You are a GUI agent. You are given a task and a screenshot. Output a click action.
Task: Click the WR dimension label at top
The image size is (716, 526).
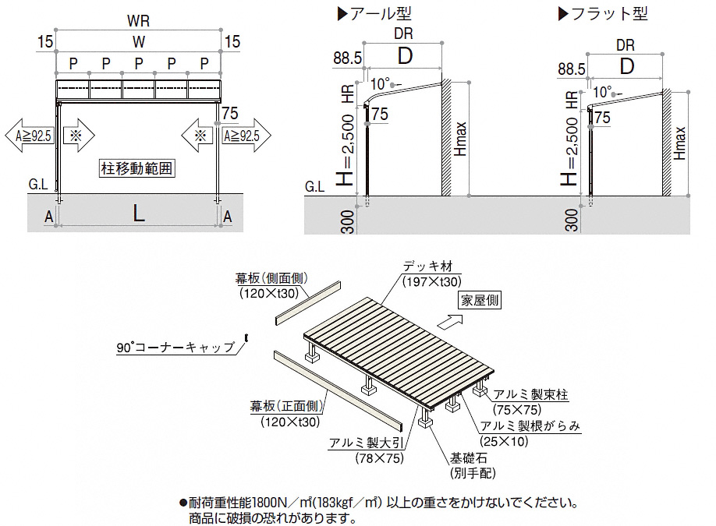pos(139,16)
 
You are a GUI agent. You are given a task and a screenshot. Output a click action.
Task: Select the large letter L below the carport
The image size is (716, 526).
pos(138,213)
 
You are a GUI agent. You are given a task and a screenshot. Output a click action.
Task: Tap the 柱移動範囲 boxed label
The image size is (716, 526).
pos(136,167)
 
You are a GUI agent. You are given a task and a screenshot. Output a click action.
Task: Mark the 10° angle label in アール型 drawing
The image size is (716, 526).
pos(379,83)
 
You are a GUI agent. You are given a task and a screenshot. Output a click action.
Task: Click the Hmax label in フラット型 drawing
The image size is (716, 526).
pos(682,143)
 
